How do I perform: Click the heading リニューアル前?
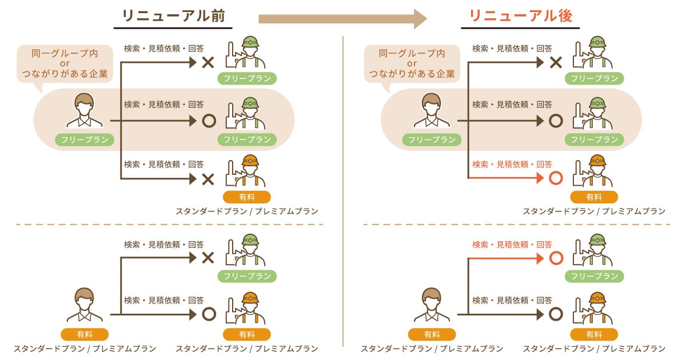click(x=173, y=16)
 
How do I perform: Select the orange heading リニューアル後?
click(x=520, y=16)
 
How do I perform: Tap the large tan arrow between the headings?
click(x=342, y=18)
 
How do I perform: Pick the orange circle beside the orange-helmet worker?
click(x=556, y=178)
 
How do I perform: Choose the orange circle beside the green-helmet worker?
click(x=556, y=258)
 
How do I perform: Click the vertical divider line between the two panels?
click(x=343, y=189)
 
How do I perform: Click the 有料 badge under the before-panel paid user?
click(x=85, y=334)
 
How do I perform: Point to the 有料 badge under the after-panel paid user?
click(x=432, y=334)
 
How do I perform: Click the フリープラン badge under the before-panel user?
click(x=85, y=139)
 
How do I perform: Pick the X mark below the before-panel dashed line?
click(x=208, y=258)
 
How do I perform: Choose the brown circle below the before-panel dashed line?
click(x=209, y=314)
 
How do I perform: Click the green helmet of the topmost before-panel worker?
click(x=250, y=42)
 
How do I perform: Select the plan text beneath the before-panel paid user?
click(x=85, y=349)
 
